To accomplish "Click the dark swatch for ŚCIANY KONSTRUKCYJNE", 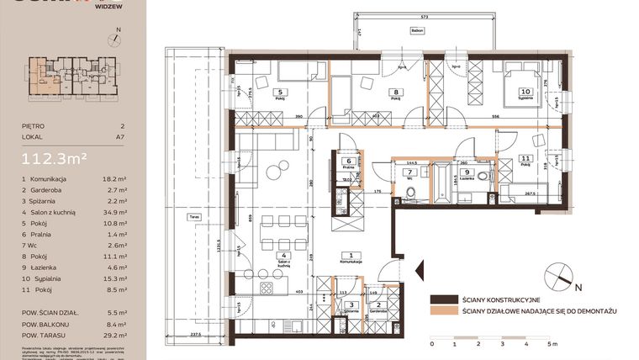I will point(443,299).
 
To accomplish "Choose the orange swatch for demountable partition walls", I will point(443,311).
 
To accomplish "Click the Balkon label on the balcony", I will point(417,31).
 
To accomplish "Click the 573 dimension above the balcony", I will point(425,17).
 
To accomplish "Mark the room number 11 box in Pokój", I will point(525,157).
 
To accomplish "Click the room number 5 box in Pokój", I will point(280,93).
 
